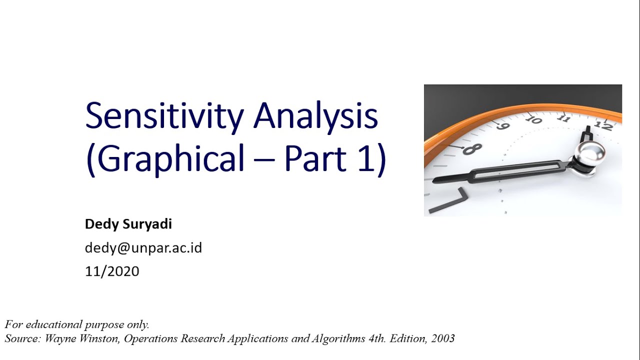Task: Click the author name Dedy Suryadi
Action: pyautogui.click(x=128, y=224)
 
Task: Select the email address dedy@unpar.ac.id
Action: pyautogui.click(x=143, y=247)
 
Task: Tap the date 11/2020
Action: pyautogui.click(x=112, y=271)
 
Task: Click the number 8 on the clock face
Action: pyautogui.click(x=472, y=148)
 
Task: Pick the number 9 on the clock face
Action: pyautogui.click(x=502, y=126)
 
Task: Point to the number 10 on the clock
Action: pyautogui.click(x=533, y=120)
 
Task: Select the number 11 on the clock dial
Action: pyautogui.click(x=564, y=118)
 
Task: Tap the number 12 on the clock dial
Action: pyautogui.click(x=604, y=125)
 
